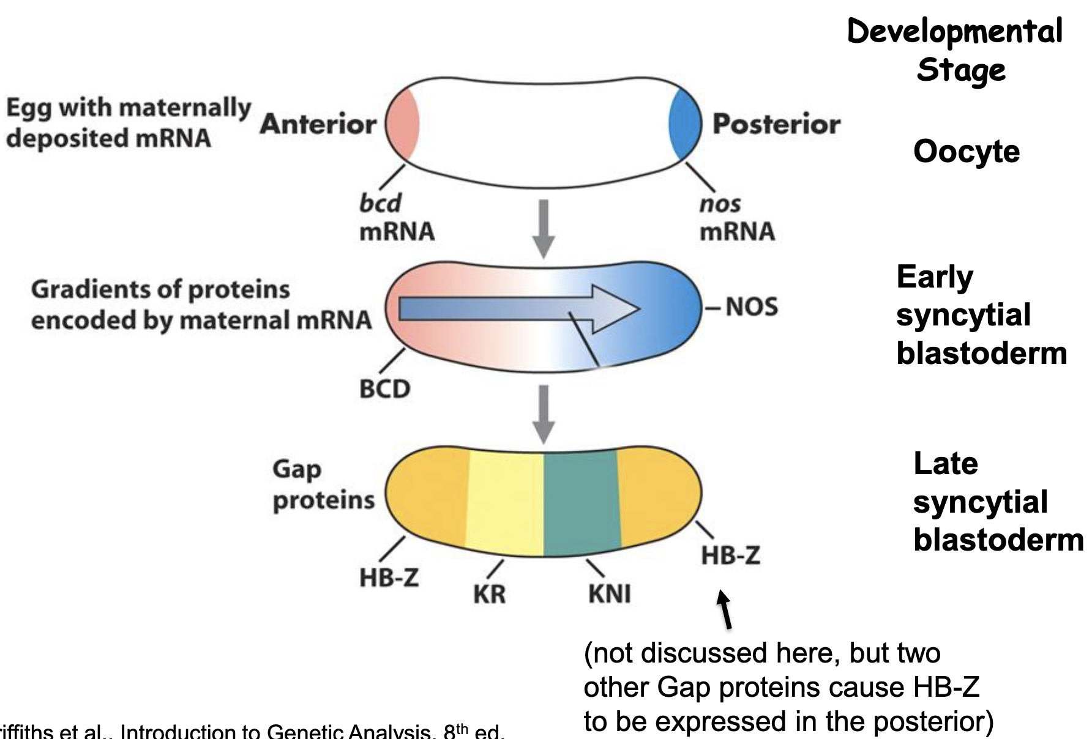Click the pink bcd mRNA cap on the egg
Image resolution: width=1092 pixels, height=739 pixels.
coord(402,124)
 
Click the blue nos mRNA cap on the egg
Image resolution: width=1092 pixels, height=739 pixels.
coord(685,124)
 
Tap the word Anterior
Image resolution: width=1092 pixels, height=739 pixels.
coord(318,124)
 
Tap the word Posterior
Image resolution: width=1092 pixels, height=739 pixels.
coord(776,124)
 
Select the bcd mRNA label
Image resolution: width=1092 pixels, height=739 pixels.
coord(396,218)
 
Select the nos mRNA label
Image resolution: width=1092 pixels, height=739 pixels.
coord(736,218)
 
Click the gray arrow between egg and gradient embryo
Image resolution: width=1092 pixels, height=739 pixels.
coord(543,228)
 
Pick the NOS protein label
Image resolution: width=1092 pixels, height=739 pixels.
coord(751,306)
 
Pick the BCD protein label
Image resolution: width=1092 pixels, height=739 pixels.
coord(384,389)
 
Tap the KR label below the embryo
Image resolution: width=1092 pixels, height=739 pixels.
coord(489,594)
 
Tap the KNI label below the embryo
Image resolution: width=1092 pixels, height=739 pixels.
coord(609,593)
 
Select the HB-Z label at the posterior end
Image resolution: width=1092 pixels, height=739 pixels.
coord(730,555)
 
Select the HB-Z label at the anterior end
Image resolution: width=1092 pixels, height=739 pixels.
coord(389,577)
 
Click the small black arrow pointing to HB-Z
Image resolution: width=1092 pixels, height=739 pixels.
coord(725,609)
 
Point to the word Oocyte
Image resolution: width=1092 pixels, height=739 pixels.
coord(966,151)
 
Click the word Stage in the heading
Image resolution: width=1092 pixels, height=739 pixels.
coord(960,70)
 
